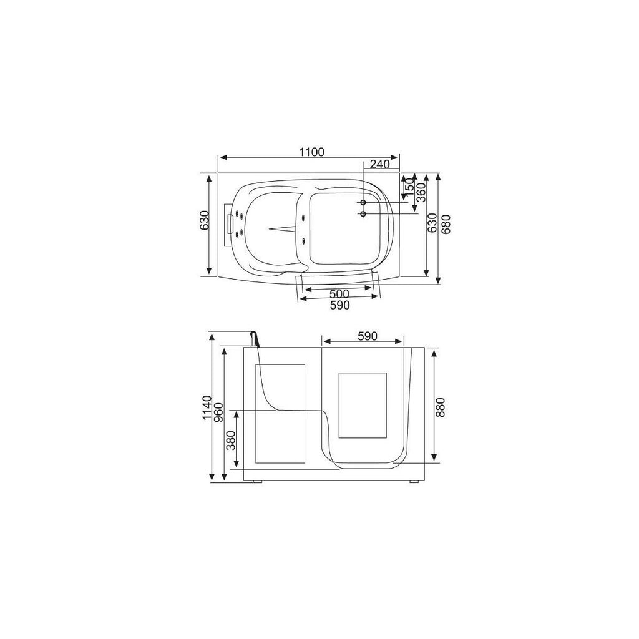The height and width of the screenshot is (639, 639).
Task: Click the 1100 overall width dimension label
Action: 312,152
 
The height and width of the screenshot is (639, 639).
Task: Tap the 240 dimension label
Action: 380,164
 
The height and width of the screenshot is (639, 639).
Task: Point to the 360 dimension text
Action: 421,192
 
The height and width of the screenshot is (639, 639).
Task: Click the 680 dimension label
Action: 446,224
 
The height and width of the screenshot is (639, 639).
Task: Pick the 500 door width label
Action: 339,293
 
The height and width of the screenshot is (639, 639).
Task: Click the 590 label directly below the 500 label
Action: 339,305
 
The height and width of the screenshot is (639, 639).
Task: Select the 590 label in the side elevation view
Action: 368,336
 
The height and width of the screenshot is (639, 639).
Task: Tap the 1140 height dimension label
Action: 207,407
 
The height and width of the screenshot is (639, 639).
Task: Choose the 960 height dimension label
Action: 218,412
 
